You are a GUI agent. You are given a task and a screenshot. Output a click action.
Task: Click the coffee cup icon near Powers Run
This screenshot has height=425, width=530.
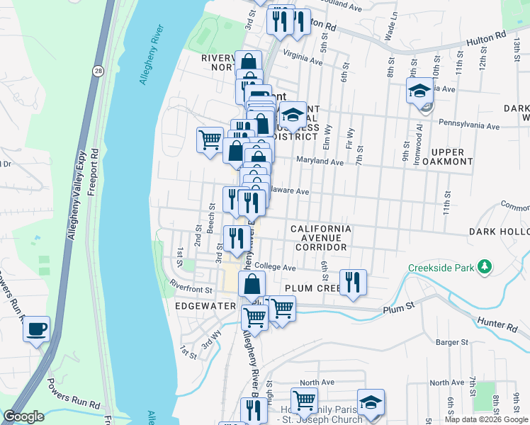[x=36, y=330]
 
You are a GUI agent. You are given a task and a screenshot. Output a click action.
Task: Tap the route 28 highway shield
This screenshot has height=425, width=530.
[x=96, y=70]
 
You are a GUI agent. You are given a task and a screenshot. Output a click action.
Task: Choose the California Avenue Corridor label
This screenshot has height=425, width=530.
[x=321, y=238]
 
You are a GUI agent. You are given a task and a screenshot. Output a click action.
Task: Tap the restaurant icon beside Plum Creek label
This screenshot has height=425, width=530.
[x=352, y=282]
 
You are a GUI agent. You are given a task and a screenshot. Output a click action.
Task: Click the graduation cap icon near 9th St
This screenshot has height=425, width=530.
[x=419, y=91]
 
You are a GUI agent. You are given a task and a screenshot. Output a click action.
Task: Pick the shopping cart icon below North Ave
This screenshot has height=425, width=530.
[x=305, y=400]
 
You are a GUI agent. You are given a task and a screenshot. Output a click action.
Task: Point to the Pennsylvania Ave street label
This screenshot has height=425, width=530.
[x=469, y=126]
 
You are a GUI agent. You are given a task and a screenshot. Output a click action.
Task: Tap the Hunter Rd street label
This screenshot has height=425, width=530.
[x=502, y=325]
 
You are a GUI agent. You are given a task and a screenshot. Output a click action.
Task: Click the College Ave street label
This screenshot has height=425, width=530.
[x=275, y=267]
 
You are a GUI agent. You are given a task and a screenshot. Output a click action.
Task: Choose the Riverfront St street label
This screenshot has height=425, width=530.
[x=191, y=289]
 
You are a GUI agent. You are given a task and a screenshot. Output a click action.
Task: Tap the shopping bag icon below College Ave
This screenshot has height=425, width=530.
[x=252, y=285]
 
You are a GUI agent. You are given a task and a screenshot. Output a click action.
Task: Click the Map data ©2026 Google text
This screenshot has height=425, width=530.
[x=485, y=419]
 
